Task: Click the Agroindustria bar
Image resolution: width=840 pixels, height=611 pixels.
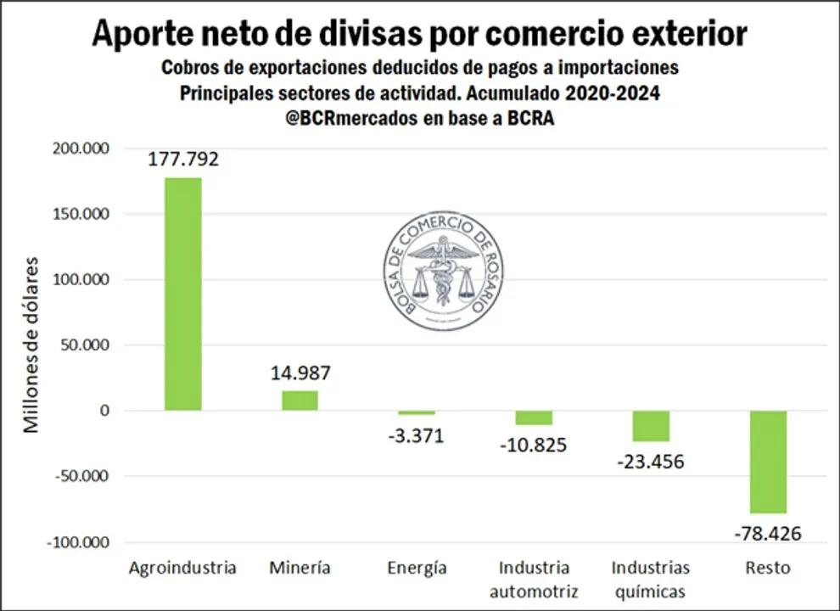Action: click(182, 294)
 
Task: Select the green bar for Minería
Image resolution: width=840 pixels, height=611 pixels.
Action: click(300, 401)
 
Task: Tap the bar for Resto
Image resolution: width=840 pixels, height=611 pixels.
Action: click(768, 462)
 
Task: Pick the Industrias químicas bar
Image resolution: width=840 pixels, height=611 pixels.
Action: click(651, 426)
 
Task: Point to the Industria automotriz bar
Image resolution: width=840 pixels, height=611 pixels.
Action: click(534, 418)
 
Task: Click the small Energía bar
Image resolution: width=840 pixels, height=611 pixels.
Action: click(417, 412)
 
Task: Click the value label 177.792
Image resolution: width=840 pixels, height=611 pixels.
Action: click(182, 159)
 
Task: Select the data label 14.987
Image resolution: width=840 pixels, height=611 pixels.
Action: click(300, 373)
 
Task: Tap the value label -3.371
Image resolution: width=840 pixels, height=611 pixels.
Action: click(416, 436)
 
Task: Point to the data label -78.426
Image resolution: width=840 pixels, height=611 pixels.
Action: click(767, 534)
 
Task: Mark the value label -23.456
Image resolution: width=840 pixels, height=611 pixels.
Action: click(650, 462)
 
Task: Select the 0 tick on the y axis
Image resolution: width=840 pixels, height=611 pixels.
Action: click(105, 411)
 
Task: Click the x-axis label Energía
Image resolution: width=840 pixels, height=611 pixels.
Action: click(417, 568)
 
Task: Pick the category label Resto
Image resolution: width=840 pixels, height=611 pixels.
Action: click(767, 568)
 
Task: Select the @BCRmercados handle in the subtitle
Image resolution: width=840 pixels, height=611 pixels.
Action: click(351, 119)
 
